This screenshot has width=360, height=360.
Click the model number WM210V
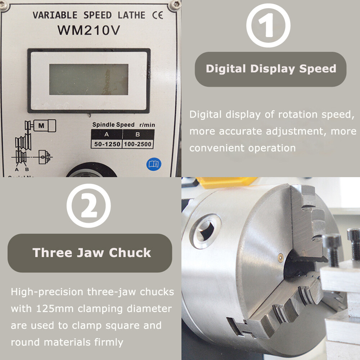[88, 31]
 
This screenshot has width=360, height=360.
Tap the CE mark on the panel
[157, 15]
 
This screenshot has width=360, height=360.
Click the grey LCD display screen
[89, 80]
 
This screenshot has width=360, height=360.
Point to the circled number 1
[268, 26]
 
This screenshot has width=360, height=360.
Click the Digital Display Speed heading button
[270, 69]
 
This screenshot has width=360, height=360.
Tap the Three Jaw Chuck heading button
[90, 253]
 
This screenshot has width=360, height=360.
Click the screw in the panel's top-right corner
[175, 5]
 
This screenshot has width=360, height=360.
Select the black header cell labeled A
[106, 135]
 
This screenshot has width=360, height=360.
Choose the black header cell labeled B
[138, 135]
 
